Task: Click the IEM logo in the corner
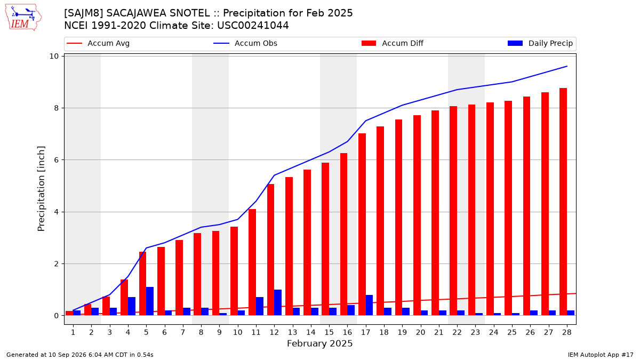23,18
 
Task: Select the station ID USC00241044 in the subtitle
253,26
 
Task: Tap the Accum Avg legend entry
98,43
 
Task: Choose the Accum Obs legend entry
245,43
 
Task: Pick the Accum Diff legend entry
393,43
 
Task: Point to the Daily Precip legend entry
540,43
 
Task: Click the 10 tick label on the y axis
54,57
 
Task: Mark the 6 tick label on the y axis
56,160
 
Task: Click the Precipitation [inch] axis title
41,189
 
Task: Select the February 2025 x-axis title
319,343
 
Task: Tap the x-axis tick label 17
365,332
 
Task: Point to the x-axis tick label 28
566,332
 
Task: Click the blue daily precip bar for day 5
150,301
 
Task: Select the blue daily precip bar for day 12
278,302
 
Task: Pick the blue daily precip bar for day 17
369,305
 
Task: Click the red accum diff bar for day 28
563,202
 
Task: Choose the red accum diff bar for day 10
234,271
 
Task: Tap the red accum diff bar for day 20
417,215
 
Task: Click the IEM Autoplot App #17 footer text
601,355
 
